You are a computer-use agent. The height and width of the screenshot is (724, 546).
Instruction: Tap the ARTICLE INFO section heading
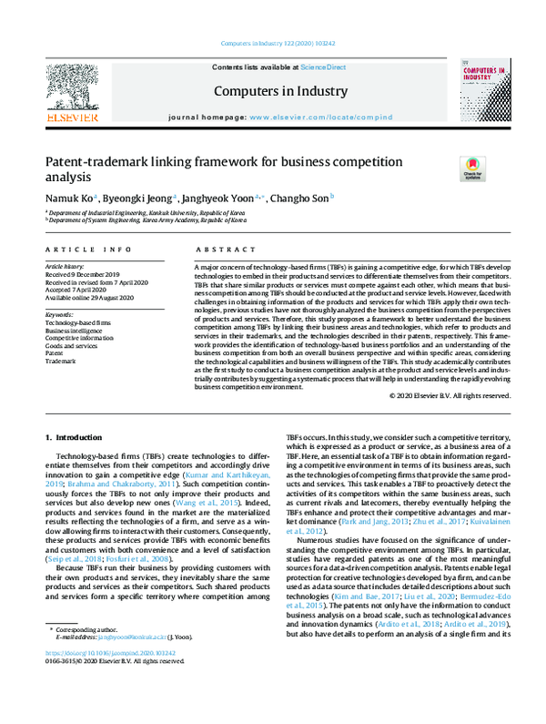click(87, 249)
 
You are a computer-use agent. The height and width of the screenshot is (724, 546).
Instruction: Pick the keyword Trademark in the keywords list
click(61, 362)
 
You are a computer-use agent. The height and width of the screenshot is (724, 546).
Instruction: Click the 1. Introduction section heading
click(75, 439)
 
